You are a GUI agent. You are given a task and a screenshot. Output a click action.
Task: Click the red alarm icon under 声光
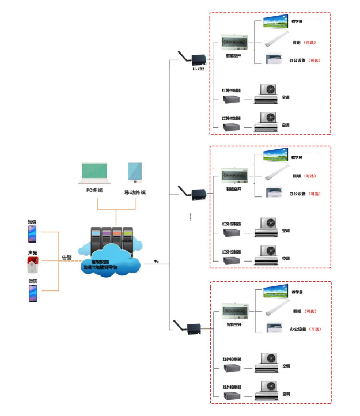click(x=32, y=266)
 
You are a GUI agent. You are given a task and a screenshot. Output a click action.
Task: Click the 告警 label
click(x=67, y=258)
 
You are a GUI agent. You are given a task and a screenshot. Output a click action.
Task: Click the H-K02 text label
click(x=198, y=69)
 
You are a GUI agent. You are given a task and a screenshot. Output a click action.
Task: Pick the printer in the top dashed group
click(x=274, y=59)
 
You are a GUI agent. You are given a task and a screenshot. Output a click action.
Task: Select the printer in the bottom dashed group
click(x=274, y=328)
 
